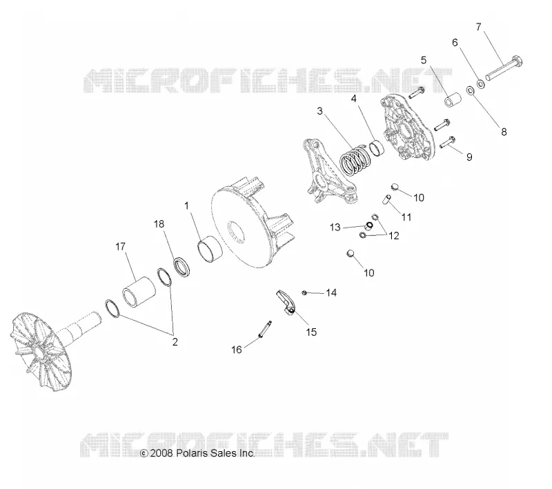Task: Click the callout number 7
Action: pyautogui.click(x=478, y=27)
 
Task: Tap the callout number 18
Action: pyautogui.click(x=159, y=223)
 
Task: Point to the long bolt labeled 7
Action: pyautogui.click(x=504, y=68)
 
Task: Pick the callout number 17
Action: pyautogui.click(x=120, y=247)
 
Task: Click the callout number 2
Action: pyautogui.click(x=175, y=341)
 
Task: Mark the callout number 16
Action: pyautogui.click(x=237, y=350)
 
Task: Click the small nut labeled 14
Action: pyautogui.click(x=304, y=292)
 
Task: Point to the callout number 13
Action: pyautogui.click(x=335, y=228)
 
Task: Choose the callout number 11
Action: pyautogui.click(x=406, y=217)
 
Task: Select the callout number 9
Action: pyautogui.click(x=469, y=157)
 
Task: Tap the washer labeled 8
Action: pyautogui.click(x=470, y=91)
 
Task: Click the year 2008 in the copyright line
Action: pyautogui.click(x=161, y=453)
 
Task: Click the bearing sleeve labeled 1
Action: pyautogui.click(x=210, y=248)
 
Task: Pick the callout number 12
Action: pyautogui.click(x=393, y=236)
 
